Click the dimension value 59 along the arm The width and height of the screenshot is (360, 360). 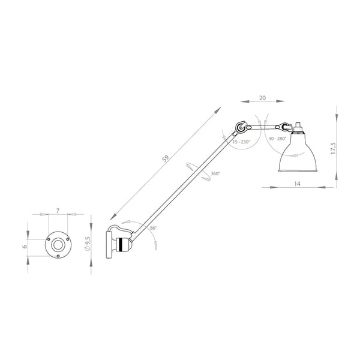[166, 158]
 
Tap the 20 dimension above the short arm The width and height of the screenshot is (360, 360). [262, 98]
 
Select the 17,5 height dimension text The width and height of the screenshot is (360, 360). [334, 148]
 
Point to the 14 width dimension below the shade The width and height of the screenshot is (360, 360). [297, 184]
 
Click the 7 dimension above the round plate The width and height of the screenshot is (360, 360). [58, 211]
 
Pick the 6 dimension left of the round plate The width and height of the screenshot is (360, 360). [25, 247]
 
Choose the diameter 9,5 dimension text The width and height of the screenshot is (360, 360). [88, 244]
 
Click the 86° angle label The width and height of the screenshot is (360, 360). [153, 228]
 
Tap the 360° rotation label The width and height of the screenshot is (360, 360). [215, 173]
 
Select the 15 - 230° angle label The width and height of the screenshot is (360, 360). [241, 142]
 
